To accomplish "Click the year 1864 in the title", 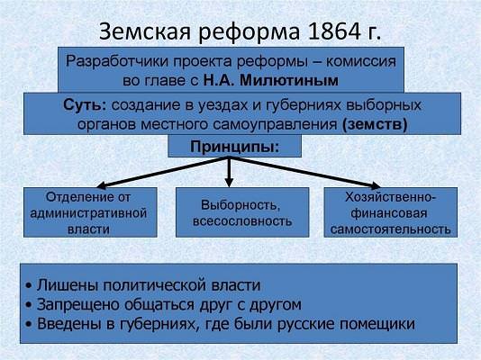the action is pyautogui.click(x=334, y=31).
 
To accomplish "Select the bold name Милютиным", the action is pyautogui.click(x=289, y=81).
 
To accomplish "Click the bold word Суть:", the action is pyautogui.click(x=85, y=105).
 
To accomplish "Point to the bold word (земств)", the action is pyautogui.click(x=375, y=125).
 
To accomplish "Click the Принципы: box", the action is pyautogui.click(x=235, y=146).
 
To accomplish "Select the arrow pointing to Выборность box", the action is pyautogui.click(x=229, y=172).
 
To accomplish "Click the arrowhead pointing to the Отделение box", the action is pyautogui.click(x=101, y=185).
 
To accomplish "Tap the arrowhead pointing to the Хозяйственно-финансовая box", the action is pyautogui.click(x=376, y=185).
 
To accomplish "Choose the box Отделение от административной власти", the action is pyautogui.click(x=90, y=212).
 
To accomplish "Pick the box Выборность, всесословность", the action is pyautogui.click(x=242, y=212).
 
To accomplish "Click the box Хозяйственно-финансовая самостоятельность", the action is pyautogui.click(x=391, y=212).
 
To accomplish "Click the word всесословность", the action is pyautogui.click(x=242, y=221).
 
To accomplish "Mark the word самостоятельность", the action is pyautogui.click(x=391, y=229).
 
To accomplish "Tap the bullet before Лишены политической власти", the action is pyautogui.click(x=29, y=286).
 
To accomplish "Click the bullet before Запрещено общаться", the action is pyautogui.click(x=29, y=305).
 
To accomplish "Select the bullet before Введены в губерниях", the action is pyautogui.click(x=29, y=325).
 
